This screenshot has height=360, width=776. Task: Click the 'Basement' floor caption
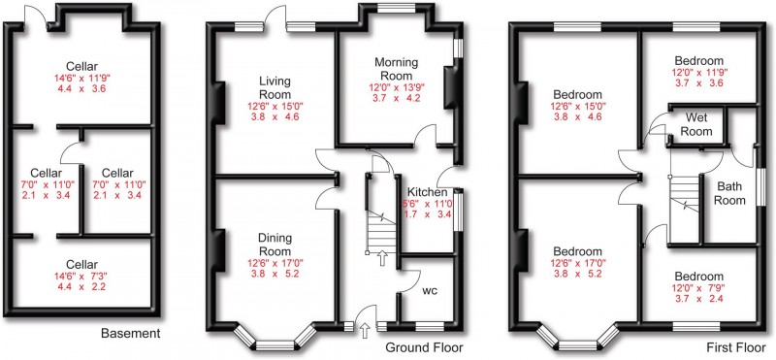tap(130, 334)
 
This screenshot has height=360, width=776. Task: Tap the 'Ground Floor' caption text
tap(424, 347)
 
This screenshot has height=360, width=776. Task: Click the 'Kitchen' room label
tap(427, 193)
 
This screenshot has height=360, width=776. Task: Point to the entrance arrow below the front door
tap(364, 333)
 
